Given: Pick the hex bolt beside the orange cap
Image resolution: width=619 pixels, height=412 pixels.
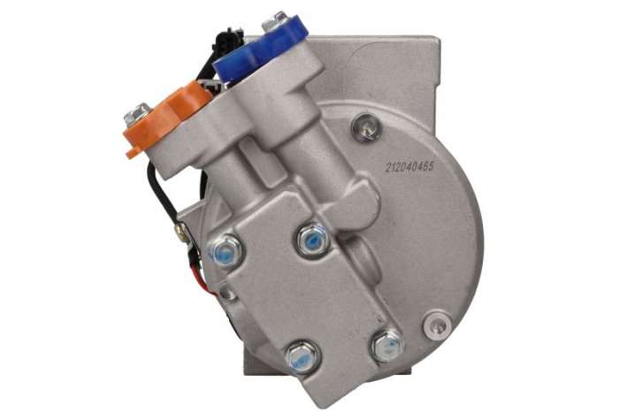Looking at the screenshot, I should pyautogui.click(x=138, y=113).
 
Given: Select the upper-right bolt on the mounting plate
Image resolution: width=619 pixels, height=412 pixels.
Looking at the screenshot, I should pyautogui.click(x=311, y=237).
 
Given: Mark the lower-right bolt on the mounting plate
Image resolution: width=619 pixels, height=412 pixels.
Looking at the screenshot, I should pyautogui.click(x=386, y=342).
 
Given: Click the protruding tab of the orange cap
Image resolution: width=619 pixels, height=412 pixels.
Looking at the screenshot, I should pyautogui.click(x=133, y=150).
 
